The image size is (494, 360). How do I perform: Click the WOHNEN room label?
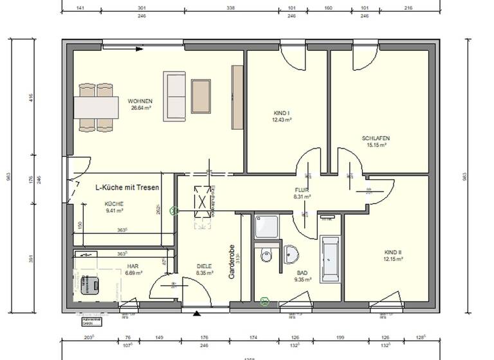tap(140, 102)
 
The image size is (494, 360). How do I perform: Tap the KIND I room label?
tap(281, 113)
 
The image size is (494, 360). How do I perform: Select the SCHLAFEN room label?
tap(376, 138)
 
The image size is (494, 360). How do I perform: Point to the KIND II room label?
tap(393, 252)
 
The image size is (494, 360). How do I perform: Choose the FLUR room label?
tap(302, 190)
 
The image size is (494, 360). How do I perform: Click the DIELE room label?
tap(204, 266)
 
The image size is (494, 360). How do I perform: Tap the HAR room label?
tap(133, 266)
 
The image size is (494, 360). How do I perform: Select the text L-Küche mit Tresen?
tap(127, 188)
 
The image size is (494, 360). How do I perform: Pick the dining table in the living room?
tap(96, 107)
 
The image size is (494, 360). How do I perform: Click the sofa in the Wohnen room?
tap(174, 96)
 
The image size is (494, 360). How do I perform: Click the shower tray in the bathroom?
tap(266, 227)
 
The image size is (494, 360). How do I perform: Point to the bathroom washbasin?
tap(291, 254)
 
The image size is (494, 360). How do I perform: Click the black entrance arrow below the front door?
tap(196, 314)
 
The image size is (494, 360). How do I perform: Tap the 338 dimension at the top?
tap(230, 9)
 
